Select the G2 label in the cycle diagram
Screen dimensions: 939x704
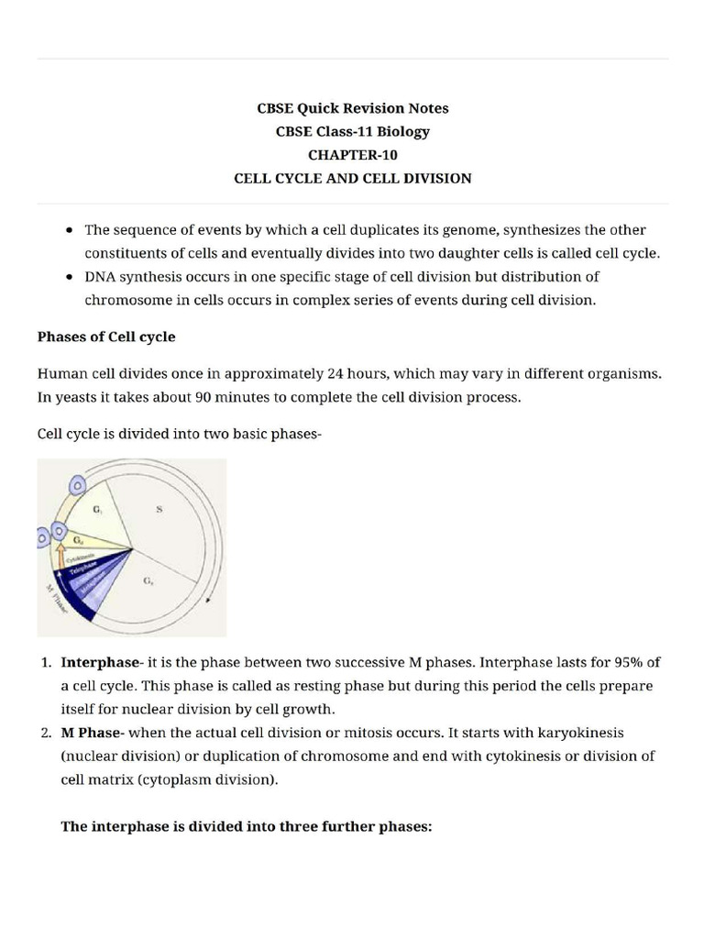pyautogui.click(x=148, y=581)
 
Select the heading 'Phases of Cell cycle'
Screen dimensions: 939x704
pyautogui.click(x=106, y=337)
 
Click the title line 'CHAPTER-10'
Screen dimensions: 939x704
pyautogui.click(x=352, y=155)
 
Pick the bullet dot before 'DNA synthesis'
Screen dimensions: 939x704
pyautogui.click(x=71, y=277)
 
